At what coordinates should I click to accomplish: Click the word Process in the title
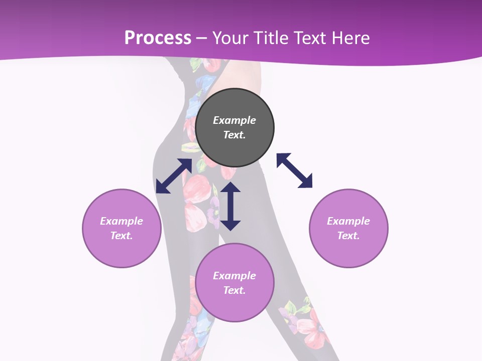(158, 38)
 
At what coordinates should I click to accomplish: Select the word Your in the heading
(230, 38)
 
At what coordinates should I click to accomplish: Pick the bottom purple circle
(234, 306)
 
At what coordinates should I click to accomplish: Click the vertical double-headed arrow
(230, 206)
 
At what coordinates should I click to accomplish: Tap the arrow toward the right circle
(295, 170)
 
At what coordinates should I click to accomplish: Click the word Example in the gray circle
(234, 120)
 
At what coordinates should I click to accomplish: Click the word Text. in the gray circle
(234, 135)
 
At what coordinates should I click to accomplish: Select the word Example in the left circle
(122, 221)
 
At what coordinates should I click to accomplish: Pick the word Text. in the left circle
(122, 236)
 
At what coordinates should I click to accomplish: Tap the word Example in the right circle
(348, 221)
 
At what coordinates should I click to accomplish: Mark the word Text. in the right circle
(348, 236)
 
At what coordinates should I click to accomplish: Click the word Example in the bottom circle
(234, 276)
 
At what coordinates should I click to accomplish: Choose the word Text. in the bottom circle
(234, 290)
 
